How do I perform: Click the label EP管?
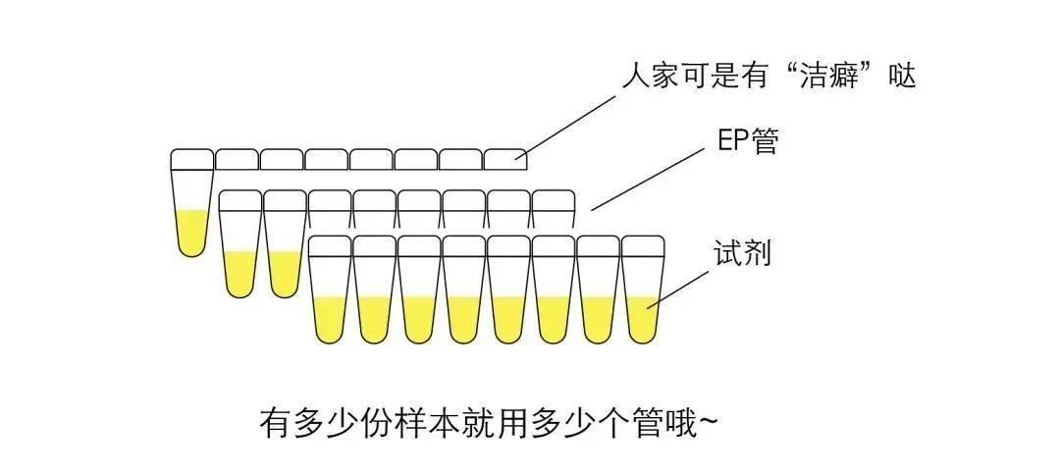[748, 142]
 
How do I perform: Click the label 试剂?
[741, 254]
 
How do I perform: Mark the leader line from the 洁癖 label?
[569, 124]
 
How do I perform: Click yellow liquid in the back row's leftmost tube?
[191, 232]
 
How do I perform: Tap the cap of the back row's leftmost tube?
[191, 158]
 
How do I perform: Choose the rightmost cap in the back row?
[505, 158]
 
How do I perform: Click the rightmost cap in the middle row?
[553, 200]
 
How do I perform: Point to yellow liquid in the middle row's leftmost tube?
[240, 273]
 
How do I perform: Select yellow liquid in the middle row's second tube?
[285, 273]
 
